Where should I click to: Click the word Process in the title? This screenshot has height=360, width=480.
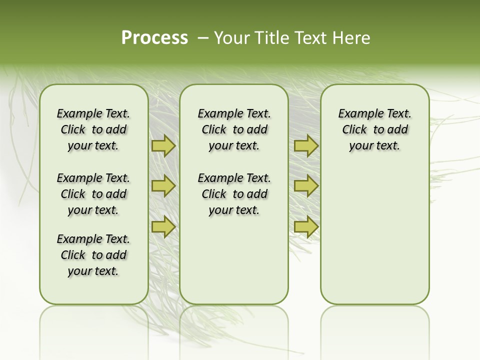coord(154,38)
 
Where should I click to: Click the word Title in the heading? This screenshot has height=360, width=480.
coord(270,38)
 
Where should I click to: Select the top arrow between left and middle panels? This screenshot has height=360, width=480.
coord(163,145)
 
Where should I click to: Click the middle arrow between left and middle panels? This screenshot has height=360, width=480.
coord(163,186)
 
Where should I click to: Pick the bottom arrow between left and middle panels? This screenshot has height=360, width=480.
coord(163,227)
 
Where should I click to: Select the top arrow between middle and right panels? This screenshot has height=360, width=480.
coord(306,145)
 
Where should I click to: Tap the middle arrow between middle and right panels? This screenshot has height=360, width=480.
coord(306,186)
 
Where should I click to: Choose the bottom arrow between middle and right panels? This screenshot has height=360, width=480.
coord(306,227)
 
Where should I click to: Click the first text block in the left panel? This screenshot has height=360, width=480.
coord(93,129)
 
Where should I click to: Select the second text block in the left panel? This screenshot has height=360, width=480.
coord(93,194)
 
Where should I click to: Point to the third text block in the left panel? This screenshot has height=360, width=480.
coord(93,255)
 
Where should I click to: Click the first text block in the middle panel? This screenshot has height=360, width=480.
coord(234,129)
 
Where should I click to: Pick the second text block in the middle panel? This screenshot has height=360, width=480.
coord(234,194)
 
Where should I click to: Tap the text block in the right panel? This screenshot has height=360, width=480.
coord(374,129)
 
